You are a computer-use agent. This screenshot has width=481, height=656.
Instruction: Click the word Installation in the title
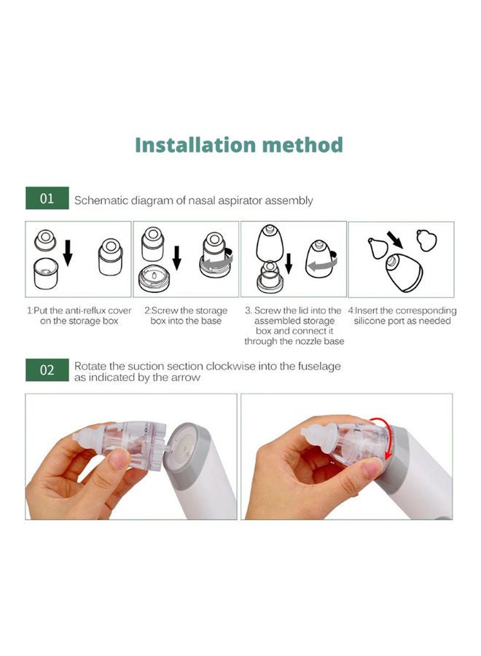(195, 145)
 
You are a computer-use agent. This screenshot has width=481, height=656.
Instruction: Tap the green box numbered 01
(47, 198)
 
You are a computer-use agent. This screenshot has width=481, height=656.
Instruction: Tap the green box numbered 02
(47, 370)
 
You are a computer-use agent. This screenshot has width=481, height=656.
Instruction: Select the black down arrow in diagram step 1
(68, 253)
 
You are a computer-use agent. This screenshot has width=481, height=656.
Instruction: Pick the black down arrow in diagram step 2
(177, 257)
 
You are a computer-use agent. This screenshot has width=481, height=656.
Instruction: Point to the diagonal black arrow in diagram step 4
(394, 240)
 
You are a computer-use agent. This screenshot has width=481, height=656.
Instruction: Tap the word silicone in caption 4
(368, 321)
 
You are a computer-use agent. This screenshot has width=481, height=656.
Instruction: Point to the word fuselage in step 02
(319, 367)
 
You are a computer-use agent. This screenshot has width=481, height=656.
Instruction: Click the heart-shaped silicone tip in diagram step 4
(426, 241)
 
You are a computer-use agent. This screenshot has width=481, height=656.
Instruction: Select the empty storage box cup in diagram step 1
(46, 273)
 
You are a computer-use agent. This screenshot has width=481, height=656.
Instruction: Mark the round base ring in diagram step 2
(154, 279)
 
